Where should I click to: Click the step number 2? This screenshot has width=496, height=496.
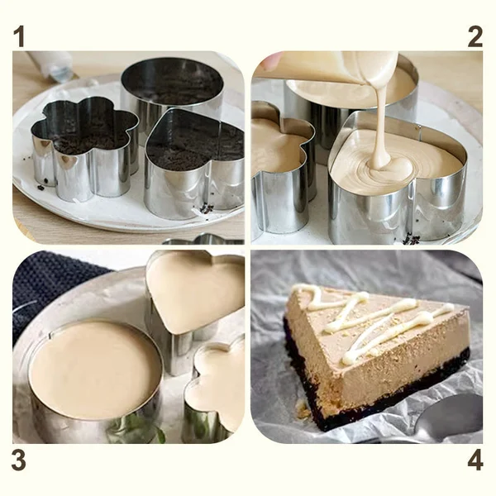click(x=475, y=37)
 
